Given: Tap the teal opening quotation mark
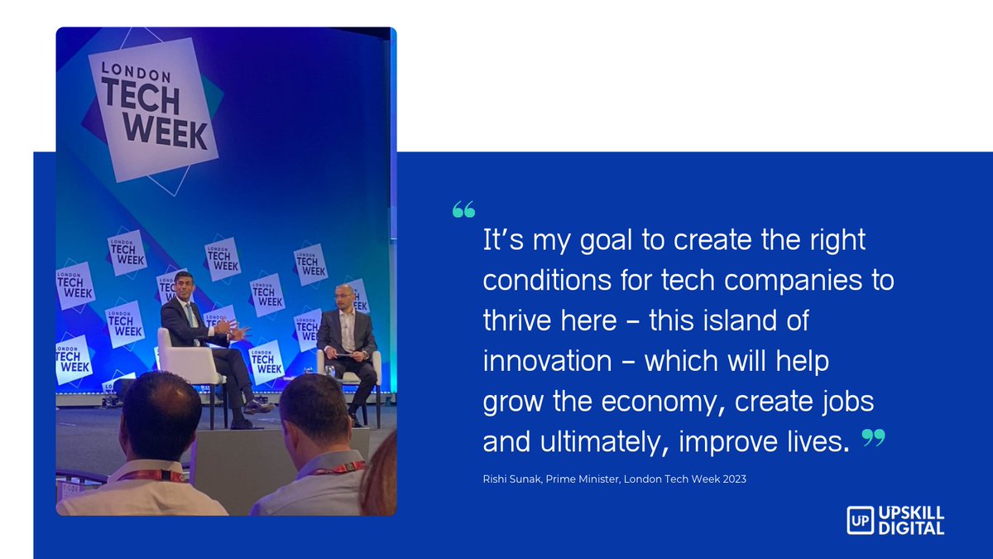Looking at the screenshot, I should tap(463, 209).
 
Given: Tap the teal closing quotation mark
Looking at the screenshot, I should tap(872, 438).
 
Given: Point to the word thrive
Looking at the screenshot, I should tap(521, 321).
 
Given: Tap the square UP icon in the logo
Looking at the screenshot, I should tap(858, 520).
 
